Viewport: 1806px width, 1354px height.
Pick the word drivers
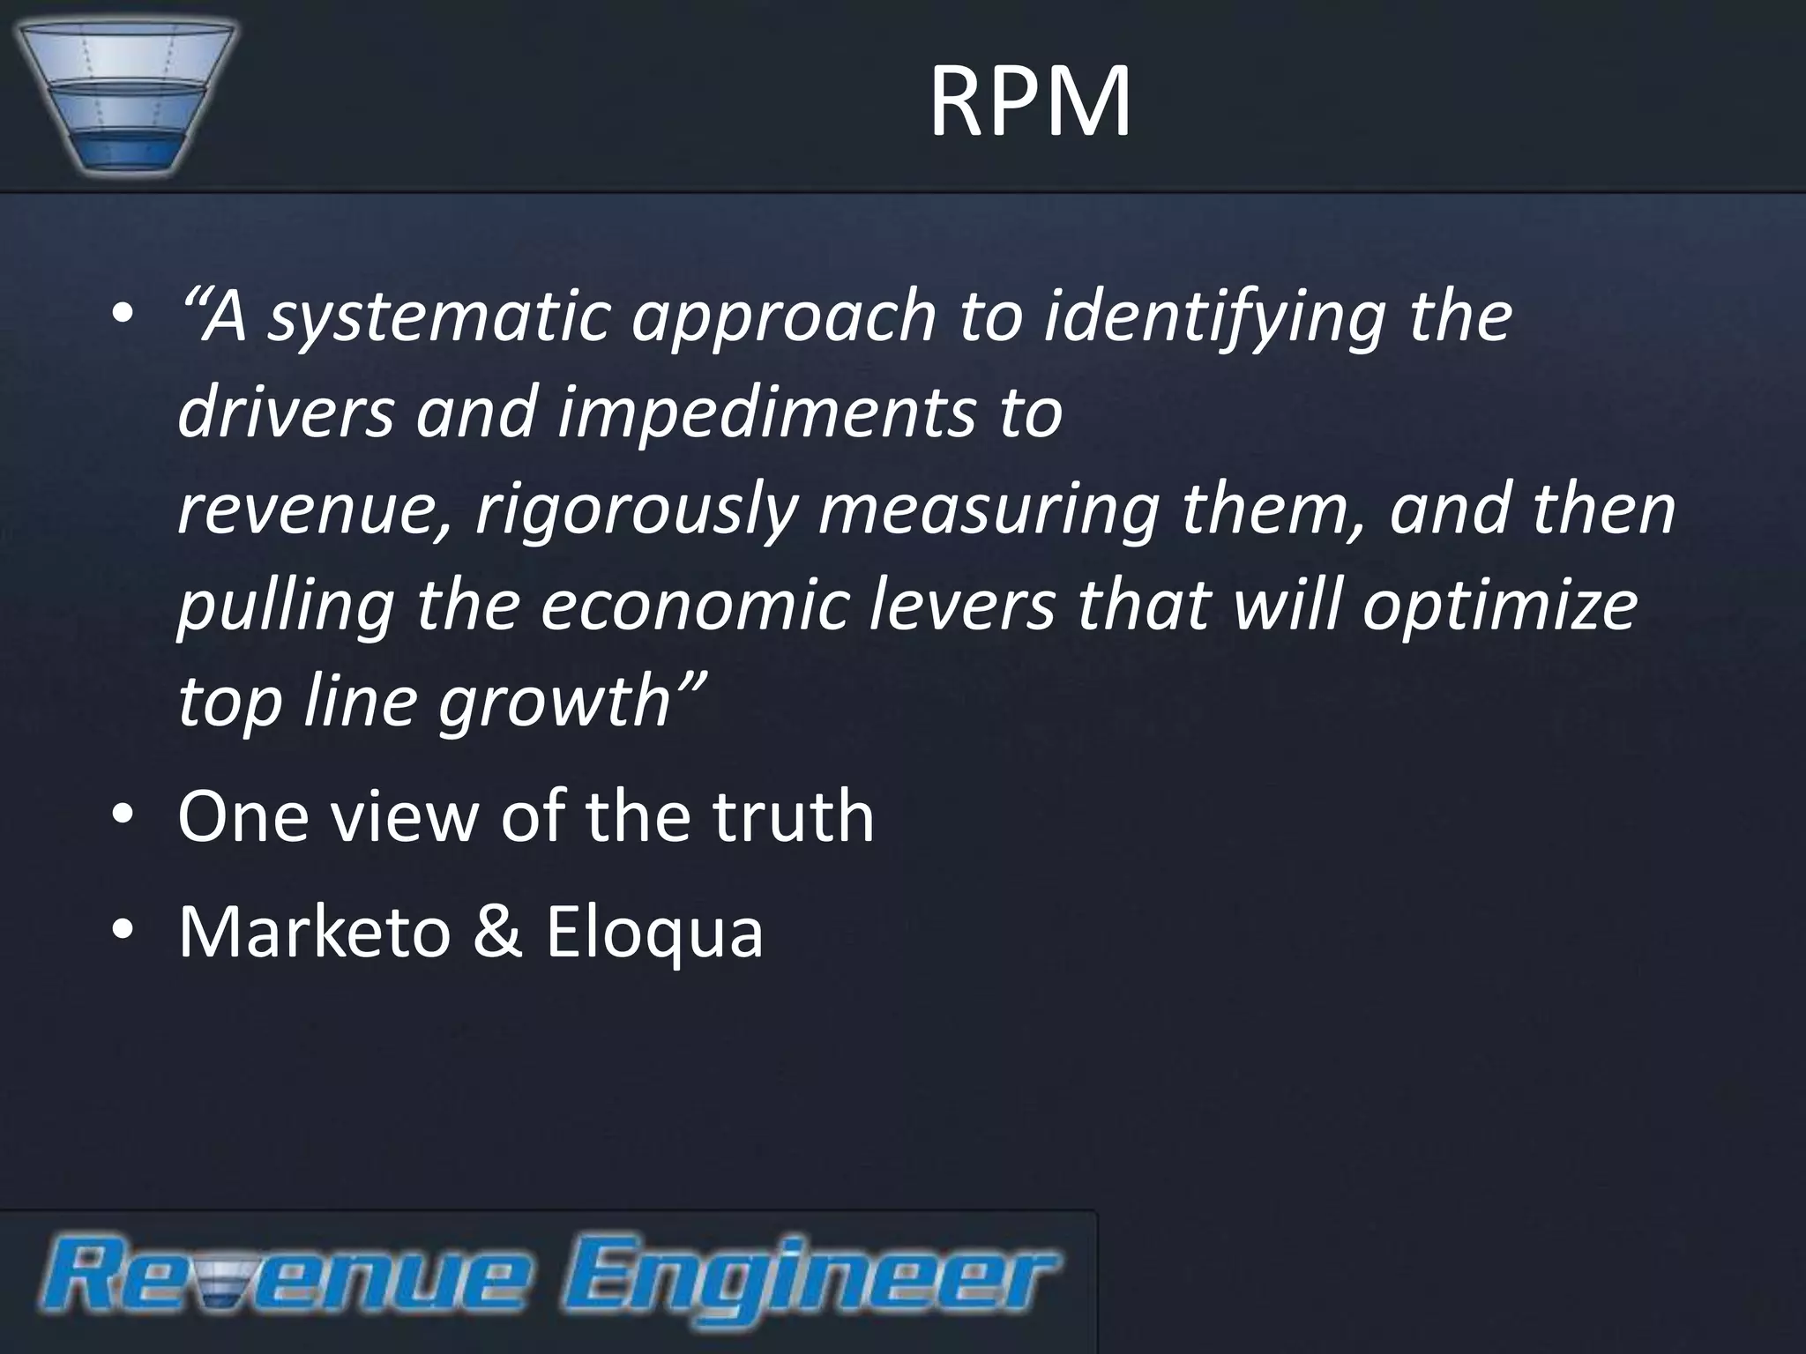point(286,412)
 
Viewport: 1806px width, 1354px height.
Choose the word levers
point(961,606)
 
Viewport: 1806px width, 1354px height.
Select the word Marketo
point(314,932)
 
